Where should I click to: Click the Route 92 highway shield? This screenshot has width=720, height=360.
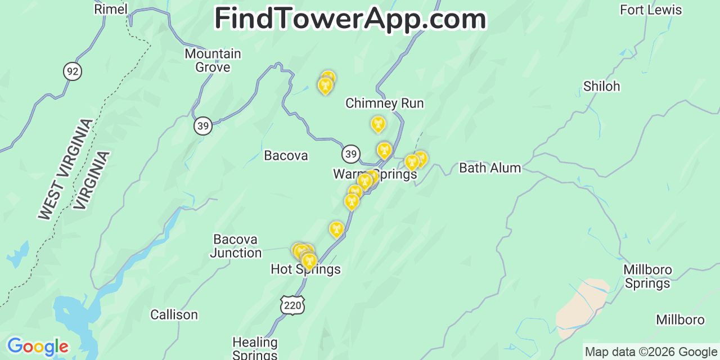[x=72, y=71]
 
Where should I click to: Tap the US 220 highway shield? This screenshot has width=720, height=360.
[x=292, y=305]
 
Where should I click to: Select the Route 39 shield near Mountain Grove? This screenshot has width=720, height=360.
[x=203, y=125]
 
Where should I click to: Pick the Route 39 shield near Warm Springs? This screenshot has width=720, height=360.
[x=351, y=154]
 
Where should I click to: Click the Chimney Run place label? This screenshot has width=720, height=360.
[x=384, y=103]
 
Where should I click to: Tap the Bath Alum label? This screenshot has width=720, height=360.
[x=490, y=168]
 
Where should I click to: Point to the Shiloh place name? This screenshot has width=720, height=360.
[x=601, y=86]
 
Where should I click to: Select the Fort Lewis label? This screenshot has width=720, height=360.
[x=650, y=10]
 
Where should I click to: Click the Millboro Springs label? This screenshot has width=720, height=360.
[x=647, y=276]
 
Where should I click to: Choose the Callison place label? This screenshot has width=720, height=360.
[x=174, y=314]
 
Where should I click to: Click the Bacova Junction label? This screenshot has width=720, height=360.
[x=236, y=246]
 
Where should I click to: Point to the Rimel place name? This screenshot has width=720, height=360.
[x=111, y=9]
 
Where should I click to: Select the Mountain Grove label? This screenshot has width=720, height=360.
[x=213, y=60]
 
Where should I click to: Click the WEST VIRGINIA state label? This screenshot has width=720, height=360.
[x=65, y=169]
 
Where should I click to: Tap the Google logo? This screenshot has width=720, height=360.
[x=37, y=346]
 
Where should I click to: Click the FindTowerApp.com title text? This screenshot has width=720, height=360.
[x=350, y=19]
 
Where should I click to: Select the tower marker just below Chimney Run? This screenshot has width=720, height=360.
[x=378, y=124]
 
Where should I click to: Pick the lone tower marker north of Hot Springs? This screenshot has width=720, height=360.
[x=336, y=228]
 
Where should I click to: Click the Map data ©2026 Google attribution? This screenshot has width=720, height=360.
[x=651, y=352]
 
